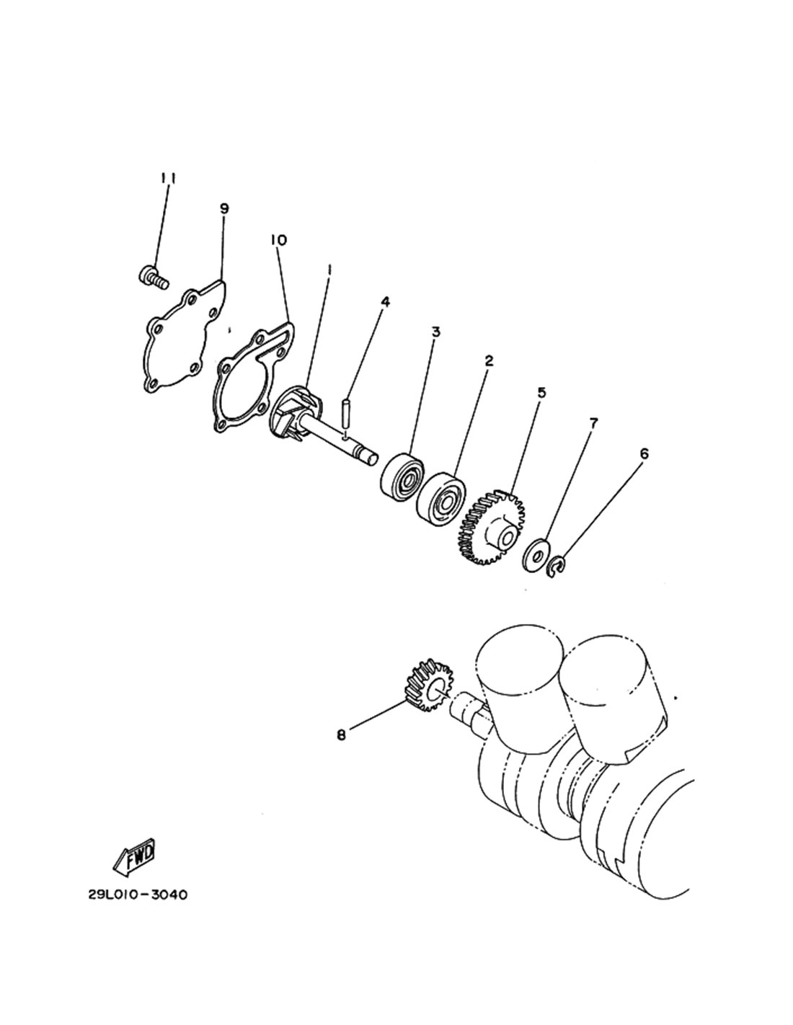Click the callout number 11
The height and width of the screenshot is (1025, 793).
(x=168, y=179)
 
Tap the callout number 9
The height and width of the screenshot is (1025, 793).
(x=224, y=208)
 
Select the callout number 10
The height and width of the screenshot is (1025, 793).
(x=278, y=240)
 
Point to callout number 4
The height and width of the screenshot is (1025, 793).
(x=386, y=302)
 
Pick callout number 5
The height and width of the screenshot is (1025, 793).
(x=541, y=392)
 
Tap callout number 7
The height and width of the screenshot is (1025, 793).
(x=593, y=423)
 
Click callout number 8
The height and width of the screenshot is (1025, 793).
(x=341, y=735)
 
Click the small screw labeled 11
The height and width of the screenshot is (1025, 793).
(x=154, y=277)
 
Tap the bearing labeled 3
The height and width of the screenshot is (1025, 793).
(x=402, y=477)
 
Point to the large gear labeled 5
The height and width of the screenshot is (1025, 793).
(x=491, y=528)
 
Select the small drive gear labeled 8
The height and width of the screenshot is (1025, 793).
(x=428, y=685)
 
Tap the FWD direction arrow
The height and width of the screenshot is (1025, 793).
(x=134, y=856)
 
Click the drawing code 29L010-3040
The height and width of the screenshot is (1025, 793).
(x=138, y=895)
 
